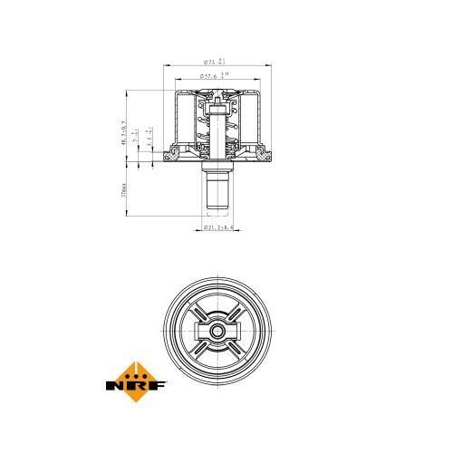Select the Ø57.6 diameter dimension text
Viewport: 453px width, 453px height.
click(210, 78)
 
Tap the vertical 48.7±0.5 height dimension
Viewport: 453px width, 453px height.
click(125, 127)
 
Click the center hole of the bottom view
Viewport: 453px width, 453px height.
click(217, 330)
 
